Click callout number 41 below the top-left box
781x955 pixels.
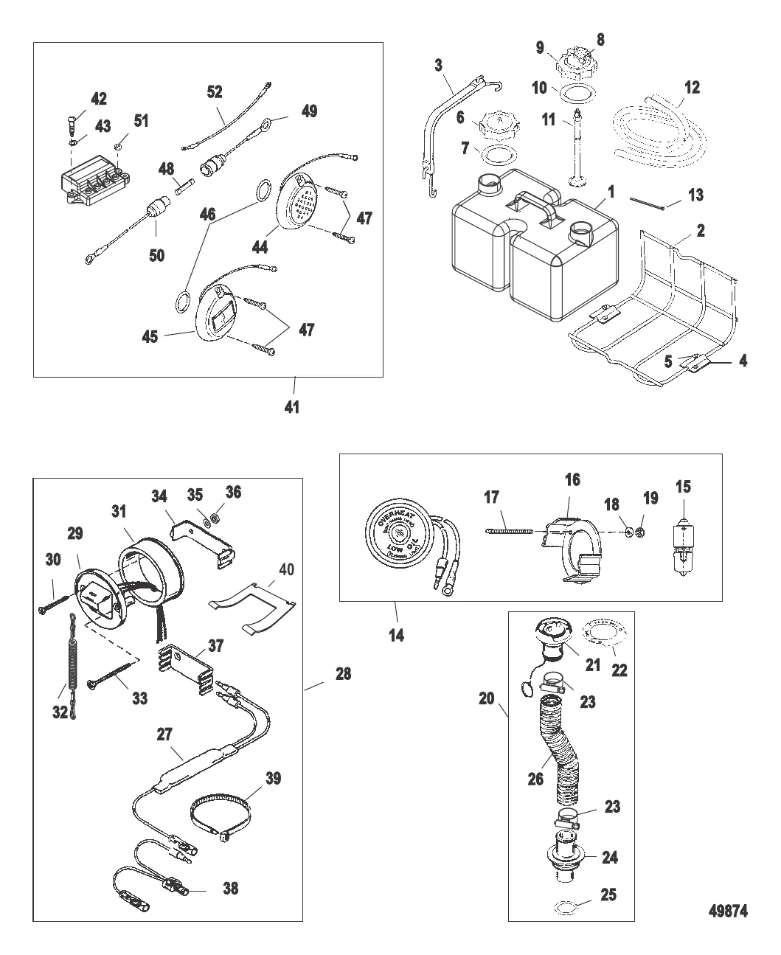[x=292, y=406]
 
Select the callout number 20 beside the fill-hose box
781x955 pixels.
[x=486, y=698]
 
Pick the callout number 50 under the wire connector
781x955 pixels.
[x=156, y=255]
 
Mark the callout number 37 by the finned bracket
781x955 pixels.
[x=215, y=646]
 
